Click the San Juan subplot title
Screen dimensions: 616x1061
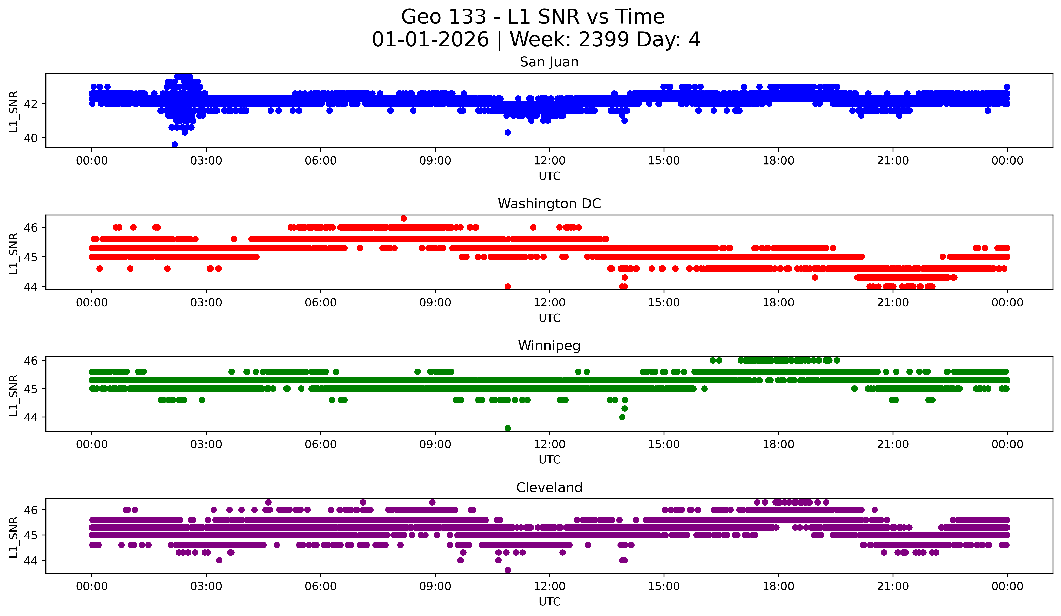coord(549,62)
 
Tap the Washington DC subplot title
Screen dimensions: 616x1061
coord(549,204)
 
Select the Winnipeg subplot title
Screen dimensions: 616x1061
coord(549,346)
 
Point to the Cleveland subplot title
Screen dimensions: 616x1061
coord(549,488)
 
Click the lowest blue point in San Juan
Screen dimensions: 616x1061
coord(175,144)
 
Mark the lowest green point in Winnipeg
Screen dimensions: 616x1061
coord(508,428)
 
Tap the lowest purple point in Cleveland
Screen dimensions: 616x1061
coord(508,570)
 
